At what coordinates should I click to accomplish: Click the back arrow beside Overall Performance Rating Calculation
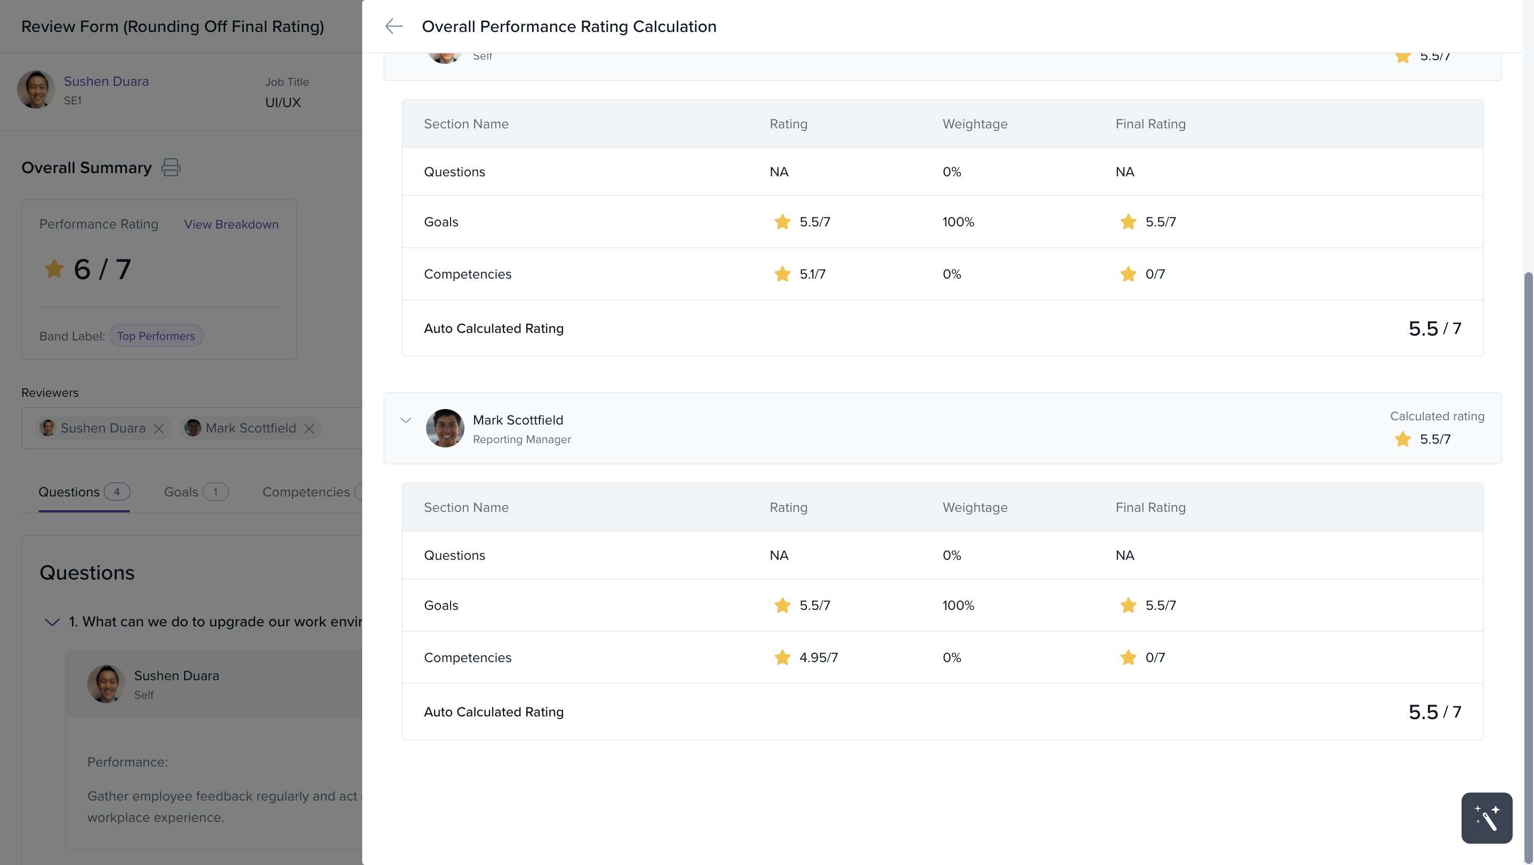[394, 26]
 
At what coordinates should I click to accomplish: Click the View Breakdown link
[231, 224]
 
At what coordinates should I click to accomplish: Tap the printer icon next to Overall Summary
[171, 167]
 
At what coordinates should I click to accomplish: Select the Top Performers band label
[156, 336]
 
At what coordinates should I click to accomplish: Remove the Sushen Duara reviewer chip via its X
[158, 429]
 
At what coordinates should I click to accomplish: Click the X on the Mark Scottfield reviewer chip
[309, 429]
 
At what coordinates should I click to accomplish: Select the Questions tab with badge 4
[84, 492]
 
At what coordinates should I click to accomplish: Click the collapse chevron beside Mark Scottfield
[406, 420]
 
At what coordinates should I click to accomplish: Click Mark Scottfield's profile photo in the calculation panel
[445, 428]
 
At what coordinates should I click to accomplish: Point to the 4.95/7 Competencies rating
[818, 657]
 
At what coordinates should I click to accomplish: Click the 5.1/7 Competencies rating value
[812, 274]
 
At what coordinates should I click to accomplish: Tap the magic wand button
[1487, 818]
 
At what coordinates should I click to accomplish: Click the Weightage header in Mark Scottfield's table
[975, 507]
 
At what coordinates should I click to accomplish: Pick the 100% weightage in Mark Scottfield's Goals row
[958, 606]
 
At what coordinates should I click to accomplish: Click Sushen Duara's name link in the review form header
[106, 81]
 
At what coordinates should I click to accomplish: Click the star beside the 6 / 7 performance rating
[54, 268]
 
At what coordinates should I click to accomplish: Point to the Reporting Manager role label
[521, 439]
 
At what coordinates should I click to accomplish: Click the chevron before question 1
[52, 622]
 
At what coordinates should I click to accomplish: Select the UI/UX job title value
[283, 102]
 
